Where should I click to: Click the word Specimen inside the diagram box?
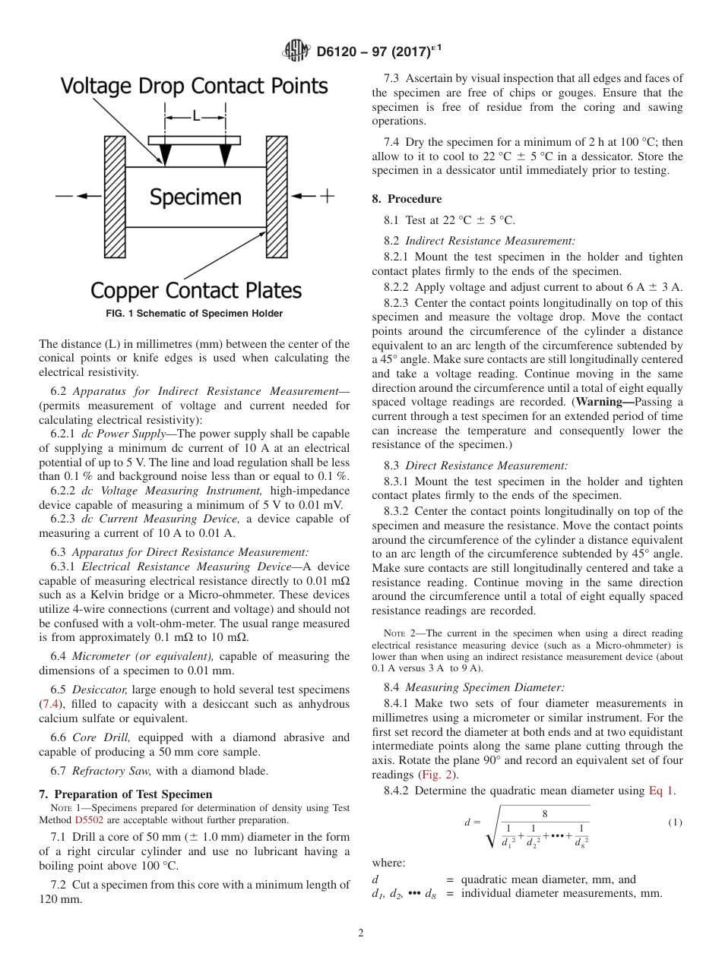click(195, 197)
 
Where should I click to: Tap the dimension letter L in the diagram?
click(196, 116)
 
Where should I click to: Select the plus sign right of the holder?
click(327, 196)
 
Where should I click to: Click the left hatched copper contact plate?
click(115, 197)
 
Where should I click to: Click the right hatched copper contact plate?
click(276, 197)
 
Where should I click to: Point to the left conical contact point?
click(165, 154)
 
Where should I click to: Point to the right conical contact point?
click(225, 154)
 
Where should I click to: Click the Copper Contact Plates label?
click(196, 291)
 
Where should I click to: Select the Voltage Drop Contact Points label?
click(195, 85)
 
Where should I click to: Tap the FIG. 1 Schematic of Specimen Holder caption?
click(195, 314)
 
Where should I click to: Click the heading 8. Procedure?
click(407, 199)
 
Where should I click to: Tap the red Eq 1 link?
click(660, 791)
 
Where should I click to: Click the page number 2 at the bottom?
click(361, 933)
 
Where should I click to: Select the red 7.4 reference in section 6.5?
click(49, 704)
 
